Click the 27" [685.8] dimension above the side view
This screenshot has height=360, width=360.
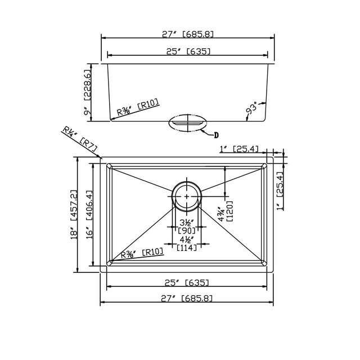(x=187, y=34)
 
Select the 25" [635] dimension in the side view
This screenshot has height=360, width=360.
(x=187, y=51)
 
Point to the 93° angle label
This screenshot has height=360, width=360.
(x=253, y=110)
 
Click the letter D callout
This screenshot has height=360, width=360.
(x=216, y=134)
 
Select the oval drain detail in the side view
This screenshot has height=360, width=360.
(x=187, y=123)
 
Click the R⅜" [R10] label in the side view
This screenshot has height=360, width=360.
(x=138, y=107)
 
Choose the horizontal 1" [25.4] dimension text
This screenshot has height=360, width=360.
(x=239, y=149)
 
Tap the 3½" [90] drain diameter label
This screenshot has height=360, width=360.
(x=186, y=226)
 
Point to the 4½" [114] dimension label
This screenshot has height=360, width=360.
(x=186, y=244)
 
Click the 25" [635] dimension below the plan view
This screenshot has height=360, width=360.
(x=187, y=282)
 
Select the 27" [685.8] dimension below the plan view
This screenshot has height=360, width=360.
(x=187, y=299)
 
